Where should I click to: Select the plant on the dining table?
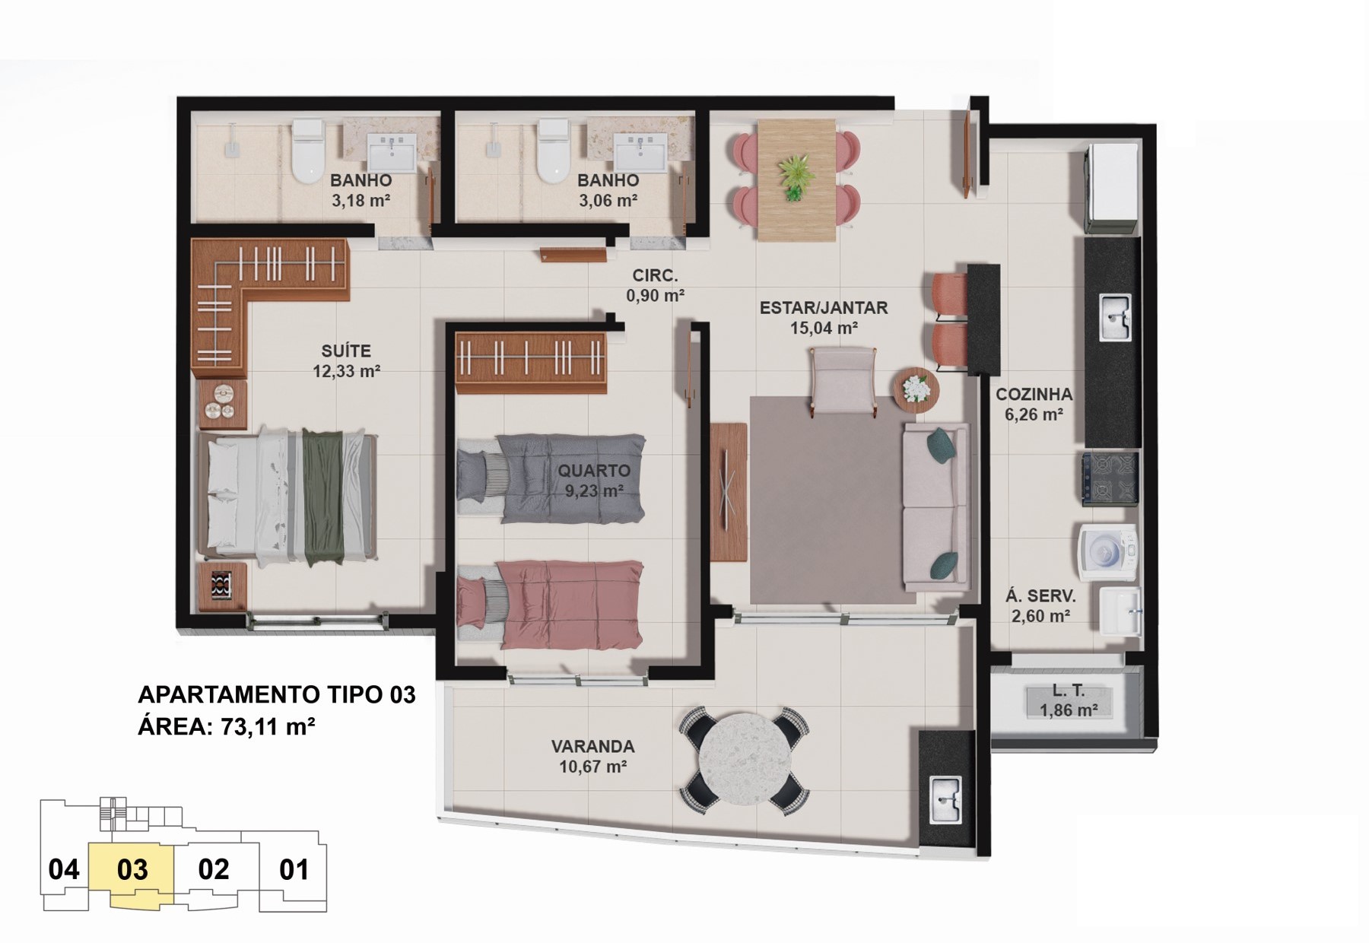click(796, 177)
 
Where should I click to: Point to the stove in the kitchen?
click(1110, 479)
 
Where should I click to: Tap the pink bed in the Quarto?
click(551, 605)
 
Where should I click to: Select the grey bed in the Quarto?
click(551, 478)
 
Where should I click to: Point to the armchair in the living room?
click(843, 380)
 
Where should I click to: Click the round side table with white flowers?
click(916, 389)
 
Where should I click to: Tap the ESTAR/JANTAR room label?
click(824, 308)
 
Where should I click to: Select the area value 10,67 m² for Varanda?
click(592, 767)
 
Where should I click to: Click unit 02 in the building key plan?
click(214, 869)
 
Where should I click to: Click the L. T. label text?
click(1069, 691)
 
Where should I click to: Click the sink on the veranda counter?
click(945, 800)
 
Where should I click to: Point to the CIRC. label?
click(655, 276)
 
